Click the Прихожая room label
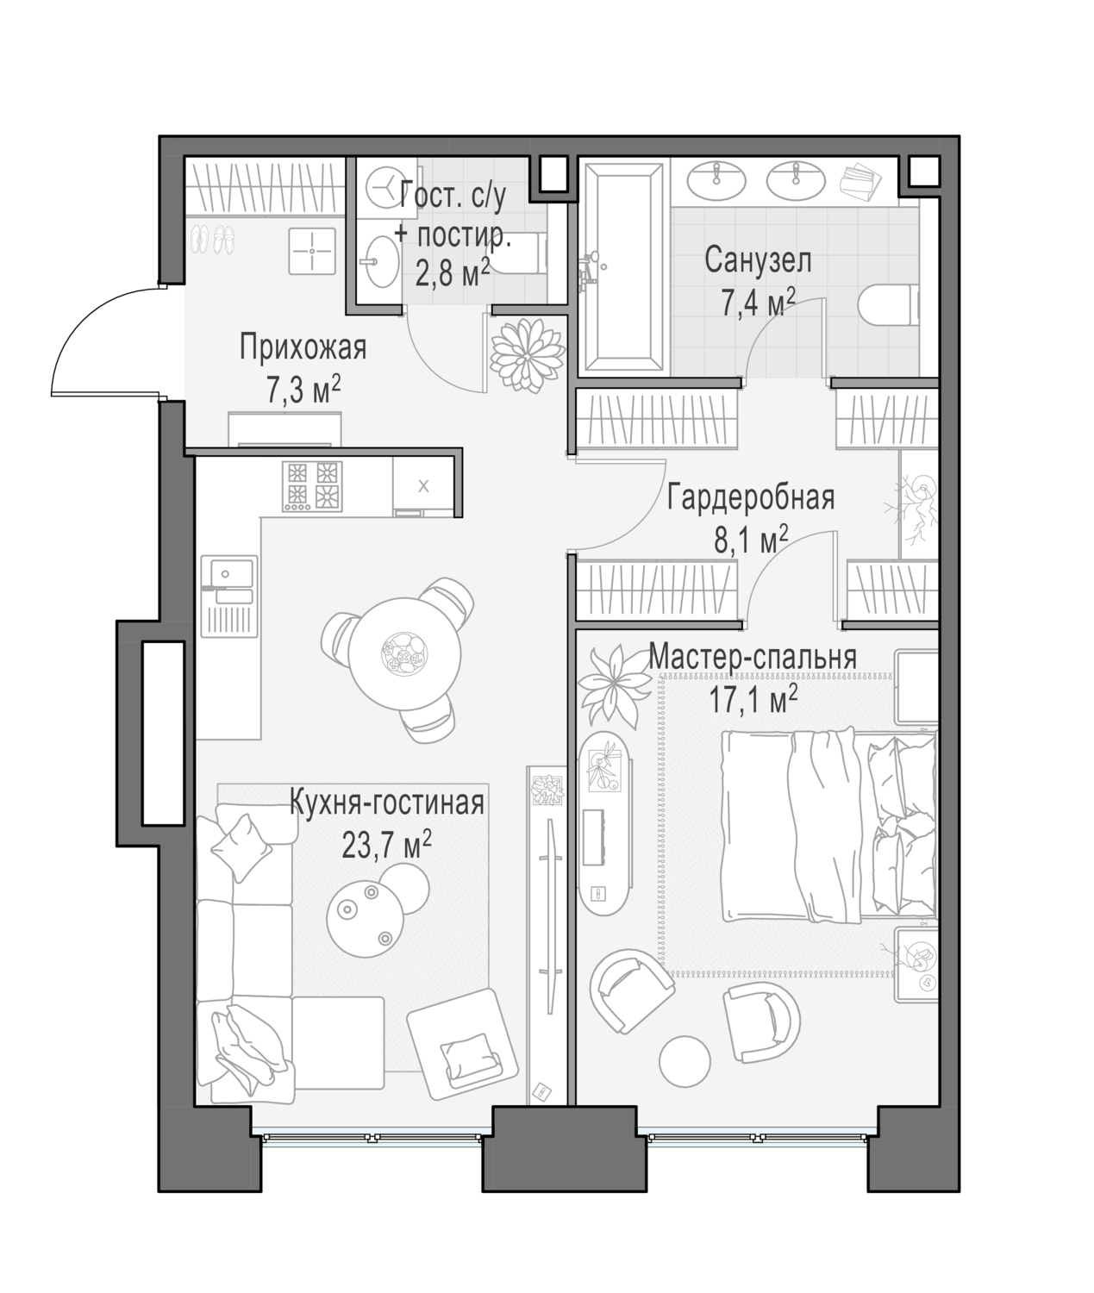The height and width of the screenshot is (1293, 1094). pyautogui.click(x=303, y=347)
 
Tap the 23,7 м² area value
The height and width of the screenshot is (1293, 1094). pyautogui.click(x=386, y=845)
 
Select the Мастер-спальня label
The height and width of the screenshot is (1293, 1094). pyautogui.click(x=752, y=656)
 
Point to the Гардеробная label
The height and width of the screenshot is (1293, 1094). pyautogui.click(x=751, y=498)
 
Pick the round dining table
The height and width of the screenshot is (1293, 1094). pyautogui.click(x=404, y=653)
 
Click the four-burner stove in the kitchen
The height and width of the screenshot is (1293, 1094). pyautogui.click(x=312, y=487)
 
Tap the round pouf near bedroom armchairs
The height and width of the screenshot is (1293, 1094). pyautogui.click(x=685, y=1061)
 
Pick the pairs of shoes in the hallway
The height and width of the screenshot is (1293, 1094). pyautogui.click(x=212, y=239)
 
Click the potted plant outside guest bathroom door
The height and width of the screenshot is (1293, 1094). pyautogui.click(x=528, y=355)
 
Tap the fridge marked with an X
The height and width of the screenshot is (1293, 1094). pyautogui.click(x=423, y=486)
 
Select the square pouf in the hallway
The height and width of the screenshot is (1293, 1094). pyautogui.click(x=312, y=252)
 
